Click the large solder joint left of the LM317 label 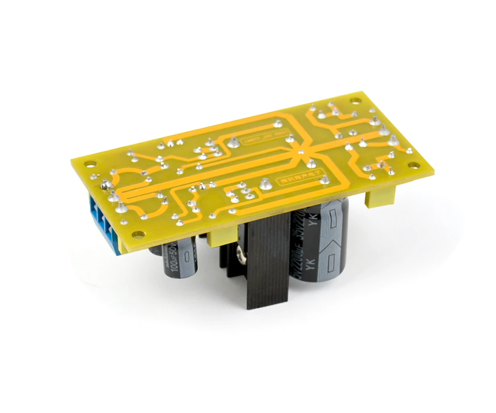click(x=234, y=140)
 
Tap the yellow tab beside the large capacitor click(x=379, y=196)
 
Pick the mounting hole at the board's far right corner click(x=413, y=166)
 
